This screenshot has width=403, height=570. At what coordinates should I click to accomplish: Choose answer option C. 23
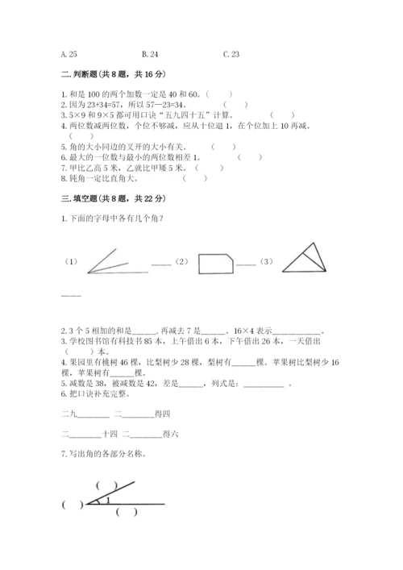231,54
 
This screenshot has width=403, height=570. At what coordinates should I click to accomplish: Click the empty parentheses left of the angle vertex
73,506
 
